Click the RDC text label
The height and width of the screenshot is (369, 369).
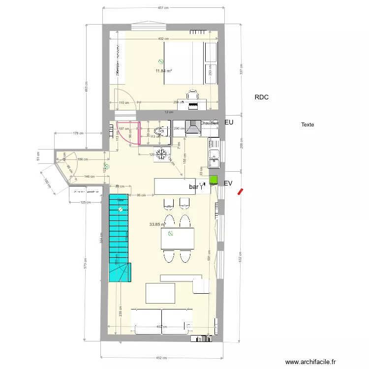click(x=261, y=97)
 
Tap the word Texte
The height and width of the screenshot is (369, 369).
click(x=307, y=125)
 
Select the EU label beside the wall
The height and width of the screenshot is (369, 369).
click(x=228, y=122)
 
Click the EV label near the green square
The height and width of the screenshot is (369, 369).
click(x=228, y=183)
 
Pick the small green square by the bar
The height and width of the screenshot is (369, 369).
click(x=213, y=180)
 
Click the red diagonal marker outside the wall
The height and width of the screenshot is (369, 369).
click(x=240, y=191)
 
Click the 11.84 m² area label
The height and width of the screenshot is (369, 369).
click(x=163, y=71)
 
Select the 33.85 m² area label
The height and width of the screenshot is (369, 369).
click(x=157, y=224)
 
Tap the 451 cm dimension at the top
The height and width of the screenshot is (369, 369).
click(x=163, y=8)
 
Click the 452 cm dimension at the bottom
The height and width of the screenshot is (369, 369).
click(x=162, y=358)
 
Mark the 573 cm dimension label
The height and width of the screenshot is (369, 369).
click(x=85, y=266)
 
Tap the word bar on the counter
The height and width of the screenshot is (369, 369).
click(x=193, y=187)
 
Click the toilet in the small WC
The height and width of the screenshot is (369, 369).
click(x=159, y=131)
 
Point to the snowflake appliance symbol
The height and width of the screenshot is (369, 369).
click(x=161, y=153)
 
